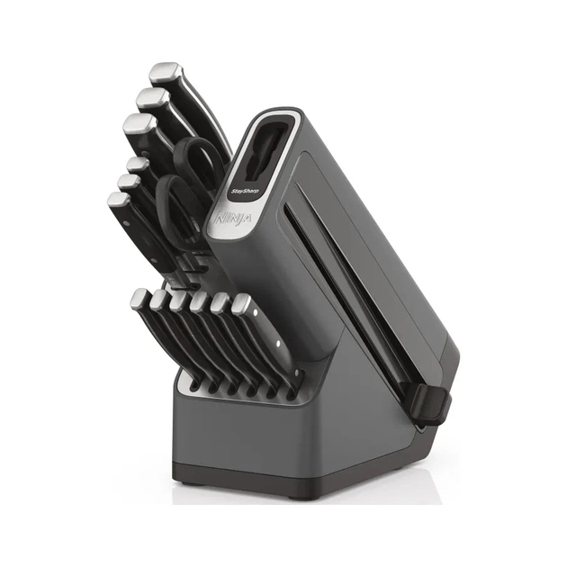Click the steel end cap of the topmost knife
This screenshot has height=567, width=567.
point(166,72)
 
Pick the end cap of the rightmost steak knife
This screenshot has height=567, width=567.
point(241,303)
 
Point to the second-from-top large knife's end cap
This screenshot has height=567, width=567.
point(151,97)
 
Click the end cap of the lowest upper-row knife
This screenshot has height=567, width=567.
point(117,200)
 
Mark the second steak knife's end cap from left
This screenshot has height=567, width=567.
point(157,300)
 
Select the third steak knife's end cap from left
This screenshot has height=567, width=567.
point(178,300)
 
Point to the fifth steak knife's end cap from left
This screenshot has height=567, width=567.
point(220,301)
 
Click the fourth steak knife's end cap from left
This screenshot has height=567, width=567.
point(199,301)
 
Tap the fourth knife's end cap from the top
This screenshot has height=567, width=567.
point(136,164)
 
